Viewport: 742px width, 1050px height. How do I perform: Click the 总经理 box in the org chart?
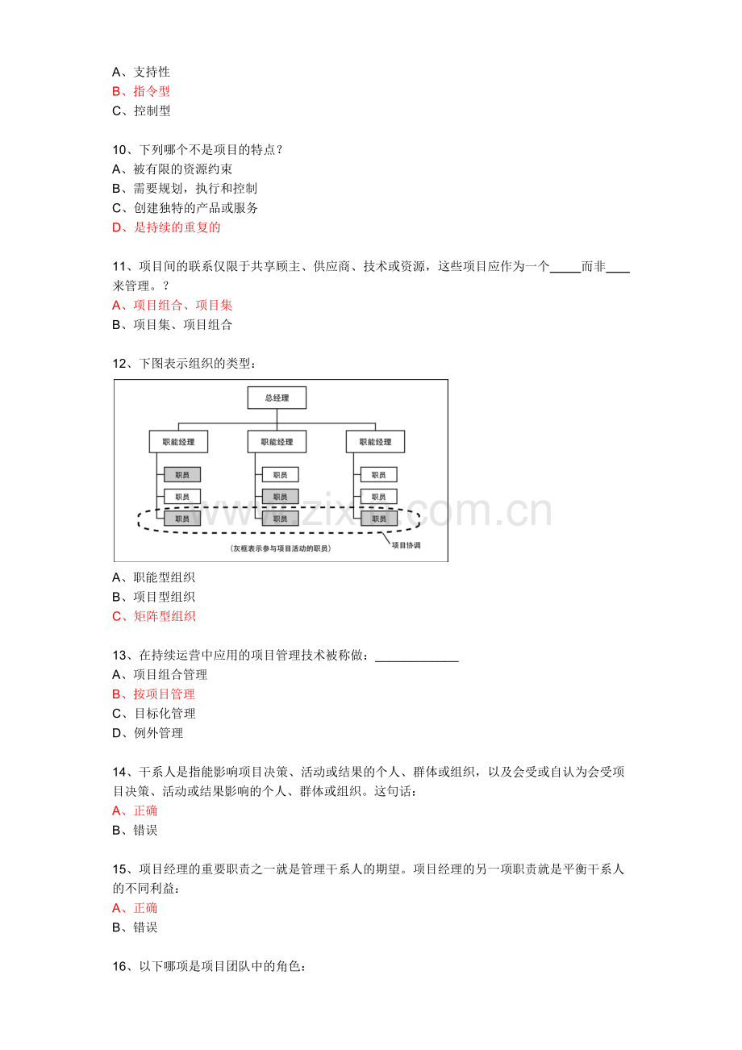pyautogui.click(x=277, y=398)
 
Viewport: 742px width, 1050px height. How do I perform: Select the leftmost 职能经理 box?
pyautogui.click(x=178, y=442)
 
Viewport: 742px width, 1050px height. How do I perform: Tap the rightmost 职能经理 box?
pyautogui.click(x=375, y=442)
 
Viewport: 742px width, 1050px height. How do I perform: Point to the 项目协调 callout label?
pyautogui.click(x=406, y=545)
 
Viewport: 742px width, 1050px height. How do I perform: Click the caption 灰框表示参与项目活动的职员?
pyautogui.click(x=281, y=548)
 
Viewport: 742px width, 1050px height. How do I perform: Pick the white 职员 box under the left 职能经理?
pyautogui.click(x=181, y=497)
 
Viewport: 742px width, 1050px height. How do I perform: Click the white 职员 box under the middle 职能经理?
pyautogui.click(x=281, y=475)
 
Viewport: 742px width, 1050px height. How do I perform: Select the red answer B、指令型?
pyautogui.click(x=140, y=91)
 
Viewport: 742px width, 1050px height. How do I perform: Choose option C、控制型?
pyautogui.click(x=140, y=110)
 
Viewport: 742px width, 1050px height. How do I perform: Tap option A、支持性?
pyautogui.click(x=140, y=72)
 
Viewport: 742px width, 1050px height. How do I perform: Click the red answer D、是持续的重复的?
pyautogui.click(x=166, y=227)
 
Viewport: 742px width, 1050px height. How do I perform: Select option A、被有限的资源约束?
pyautogui.click(x=172, y=169)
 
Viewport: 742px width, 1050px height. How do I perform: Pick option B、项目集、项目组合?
pyautogui.click(x=172, y=324)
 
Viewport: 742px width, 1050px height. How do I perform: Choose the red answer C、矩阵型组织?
pyautogui.click(x=153, y=616)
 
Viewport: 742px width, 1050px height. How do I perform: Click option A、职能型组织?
pyautogui.click(x=153, y=577)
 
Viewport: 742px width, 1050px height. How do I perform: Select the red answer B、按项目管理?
pyautogui.click(x=153, y=694)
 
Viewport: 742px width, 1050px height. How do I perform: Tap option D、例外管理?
pyautogui.click(x=147, y=732)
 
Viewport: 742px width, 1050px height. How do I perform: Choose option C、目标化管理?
pyautogui.click(x=153, y=714)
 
